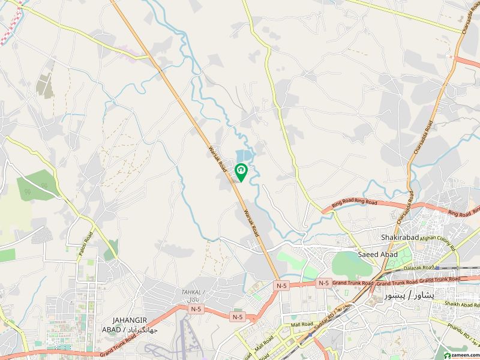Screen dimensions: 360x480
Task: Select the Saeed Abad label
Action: coord(377,254)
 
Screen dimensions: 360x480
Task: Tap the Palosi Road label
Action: coord(83,246)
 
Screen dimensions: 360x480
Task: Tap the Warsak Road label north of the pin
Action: coord(216,157)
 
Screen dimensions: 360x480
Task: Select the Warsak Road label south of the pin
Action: coord(251,221)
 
